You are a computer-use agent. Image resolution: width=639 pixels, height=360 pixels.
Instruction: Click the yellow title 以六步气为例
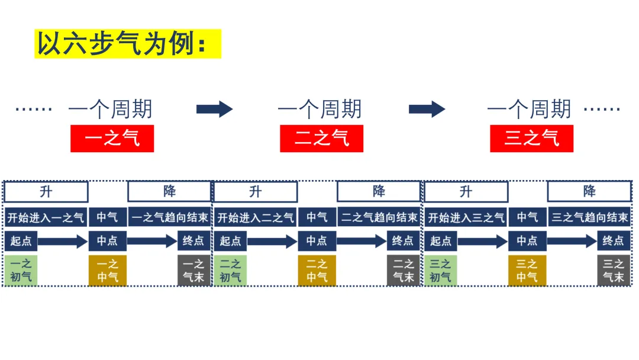128,44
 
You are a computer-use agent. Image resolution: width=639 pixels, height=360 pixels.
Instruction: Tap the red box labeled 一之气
112,139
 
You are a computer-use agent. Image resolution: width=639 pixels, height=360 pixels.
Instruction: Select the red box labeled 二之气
321,139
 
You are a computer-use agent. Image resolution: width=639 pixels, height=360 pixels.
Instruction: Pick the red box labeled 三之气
531,139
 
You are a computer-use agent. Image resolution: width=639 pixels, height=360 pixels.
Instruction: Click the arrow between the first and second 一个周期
214,109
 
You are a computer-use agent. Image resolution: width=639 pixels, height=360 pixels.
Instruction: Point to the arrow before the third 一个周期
427,109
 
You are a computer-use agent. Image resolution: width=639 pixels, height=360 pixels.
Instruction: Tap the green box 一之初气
21,271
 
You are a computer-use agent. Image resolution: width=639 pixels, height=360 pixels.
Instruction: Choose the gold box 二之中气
317,271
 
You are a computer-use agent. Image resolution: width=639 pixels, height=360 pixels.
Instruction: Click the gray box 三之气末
614,271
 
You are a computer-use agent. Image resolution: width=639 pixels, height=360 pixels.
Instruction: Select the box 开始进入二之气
256,217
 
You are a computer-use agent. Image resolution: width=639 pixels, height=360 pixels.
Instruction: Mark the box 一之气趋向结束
170,217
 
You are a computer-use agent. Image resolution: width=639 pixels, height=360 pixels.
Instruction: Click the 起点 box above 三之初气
441,241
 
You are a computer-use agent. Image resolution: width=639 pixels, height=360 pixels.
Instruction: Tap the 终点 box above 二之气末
403,241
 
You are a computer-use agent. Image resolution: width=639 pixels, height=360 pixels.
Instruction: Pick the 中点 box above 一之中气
107,241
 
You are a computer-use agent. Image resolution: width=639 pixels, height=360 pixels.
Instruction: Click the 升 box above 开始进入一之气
46,192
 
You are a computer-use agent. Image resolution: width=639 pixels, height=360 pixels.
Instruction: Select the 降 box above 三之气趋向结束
589,191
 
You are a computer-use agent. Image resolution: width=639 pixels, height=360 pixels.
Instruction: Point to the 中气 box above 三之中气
527,217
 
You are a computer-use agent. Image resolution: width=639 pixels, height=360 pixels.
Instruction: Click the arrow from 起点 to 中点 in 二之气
272,242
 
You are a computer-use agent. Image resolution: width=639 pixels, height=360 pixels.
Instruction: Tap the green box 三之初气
441,271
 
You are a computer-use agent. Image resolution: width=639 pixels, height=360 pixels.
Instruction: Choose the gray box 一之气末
193,271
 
